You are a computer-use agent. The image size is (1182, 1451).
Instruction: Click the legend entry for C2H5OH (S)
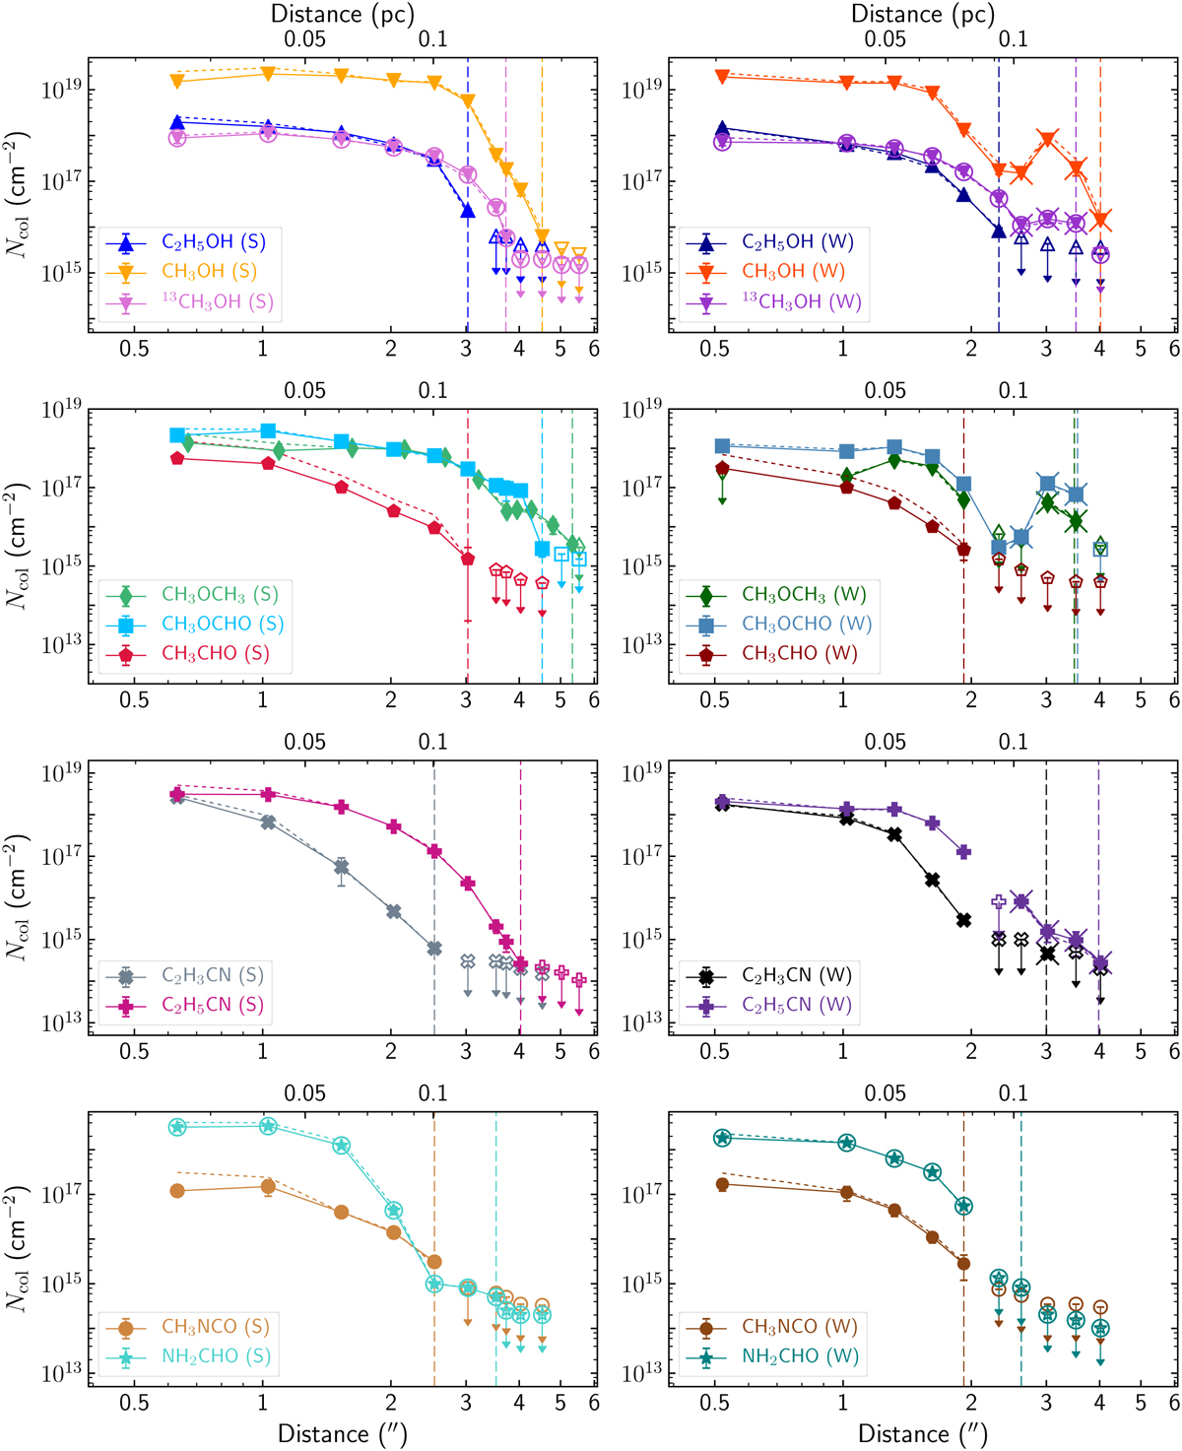[x=213, y=242]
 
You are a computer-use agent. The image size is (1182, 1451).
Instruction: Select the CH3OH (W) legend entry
[x=793, y=271]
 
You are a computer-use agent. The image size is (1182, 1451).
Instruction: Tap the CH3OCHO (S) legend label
[x=223, y=624]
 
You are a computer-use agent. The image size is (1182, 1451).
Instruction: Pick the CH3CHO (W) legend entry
[x=799, y=653]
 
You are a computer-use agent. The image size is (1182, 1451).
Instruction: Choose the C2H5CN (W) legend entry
[x=796, y=1005]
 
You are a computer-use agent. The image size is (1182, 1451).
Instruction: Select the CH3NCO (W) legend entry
[x=799, y=1327]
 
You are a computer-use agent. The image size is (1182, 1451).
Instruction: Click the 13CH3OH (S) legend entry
[x=217, y=301]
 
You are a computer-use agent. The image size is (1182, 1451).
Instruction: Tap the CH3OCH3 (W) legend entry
[x=804, y=594]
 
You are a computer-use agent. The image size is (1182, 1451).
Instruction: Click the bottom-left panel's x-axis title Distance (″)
[x=342, y=1433]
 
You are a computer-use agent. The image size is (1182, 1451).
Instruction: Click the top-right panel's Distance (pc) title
[x=922, y=14]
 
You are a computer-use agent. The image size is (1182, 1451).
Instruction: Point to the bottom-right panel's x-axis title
[x=922, y=1433]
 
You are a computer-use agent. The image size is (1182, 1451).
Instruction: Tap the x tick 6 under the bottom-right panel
[x=1173, y=1404]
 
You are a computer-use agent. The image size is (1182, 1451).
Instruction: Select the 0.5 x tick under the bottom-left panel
[x=134, y=1404]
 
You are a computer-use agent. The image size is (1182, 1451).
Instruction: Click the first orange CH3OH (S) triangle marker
[x=177, y=80]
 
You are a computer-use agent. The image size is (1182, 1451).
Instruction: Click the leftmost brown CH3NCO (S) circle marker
[x=177, y=1191]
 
